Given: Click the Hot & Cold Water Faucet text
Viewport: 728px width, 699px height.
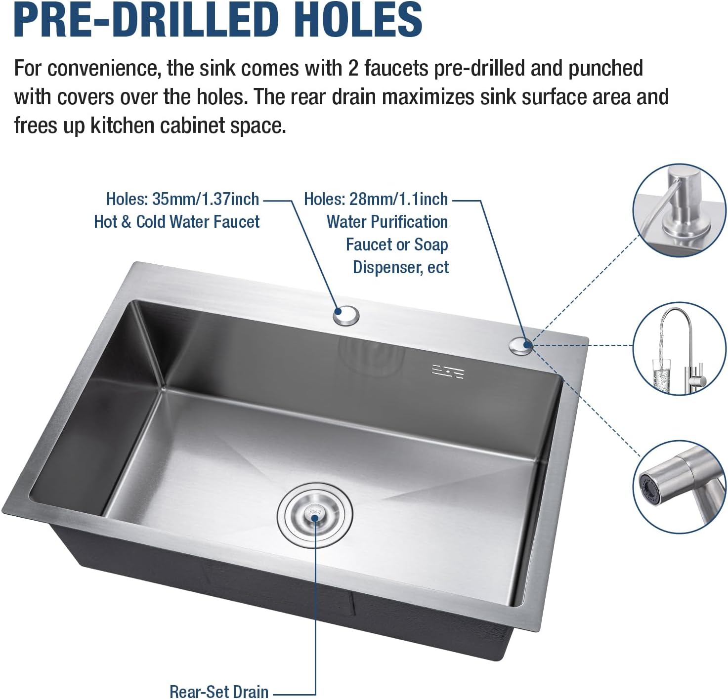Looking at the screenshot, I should click(176, 222).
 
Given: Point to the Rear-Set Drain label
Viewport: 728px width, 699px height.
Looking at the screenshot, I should click(218, 691).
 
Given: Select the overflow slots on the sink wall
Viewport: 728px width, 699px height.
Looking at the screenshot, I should click(448, 371).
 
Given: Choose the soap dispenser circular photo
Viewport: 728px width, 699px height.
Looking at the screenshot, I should click(680, 210).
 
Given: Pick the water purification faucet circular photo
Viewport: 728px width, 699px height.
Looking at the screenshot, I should click(680, 349).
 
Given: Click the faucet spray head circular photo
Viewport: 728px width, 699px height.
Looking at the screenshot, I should click(680, 487).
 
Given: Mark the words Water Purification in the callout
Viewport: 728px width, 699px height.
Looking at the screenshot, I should click(387, 222).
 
